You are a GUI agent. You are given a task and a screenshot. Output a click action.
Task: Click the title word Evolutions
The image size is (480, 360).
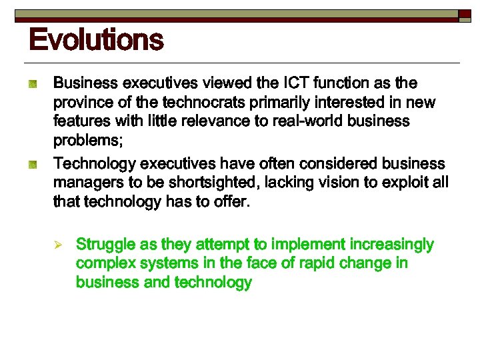coord(96,39)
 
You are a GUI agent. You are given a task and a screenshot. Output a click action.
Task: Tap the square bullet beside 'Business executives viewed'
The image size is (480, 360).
coord(31,85)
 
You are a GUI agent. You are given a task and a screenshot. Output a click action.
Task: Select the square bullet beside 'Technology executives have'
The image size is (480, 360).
coord(31,165)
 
